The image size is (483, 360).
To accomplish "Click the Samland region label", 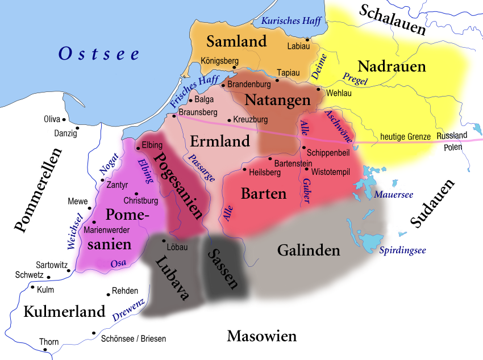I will (236, 41).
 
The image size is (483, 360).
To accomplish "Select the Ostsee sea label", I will (99, 54).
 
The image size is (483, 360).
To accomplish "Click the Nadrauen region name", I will (392, 66).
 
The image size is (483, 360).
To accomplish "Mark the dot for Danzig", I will (77, 128).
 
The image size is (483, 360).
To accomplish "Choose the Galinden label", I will (309, 250).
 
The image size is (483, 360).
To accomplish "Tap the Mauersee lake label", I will (393, 195).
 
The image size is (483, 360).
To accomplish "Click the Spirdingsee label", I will (403, 250).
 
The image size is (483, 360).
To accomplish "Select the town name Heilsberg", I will (266, 171).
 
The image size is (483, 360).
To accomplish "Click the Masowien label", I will (261, 336).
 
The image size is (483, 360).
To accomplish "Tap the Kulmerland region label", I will (64, 311).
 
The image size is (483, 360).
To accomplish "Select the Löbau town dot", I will (164, 241).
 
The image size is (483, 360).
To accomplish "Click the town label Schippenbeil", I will (328, 153).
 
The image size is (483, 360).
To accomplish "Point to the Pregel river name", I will (355, 78).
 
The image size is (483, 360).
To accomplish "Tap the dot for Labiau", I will (307, 40).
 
